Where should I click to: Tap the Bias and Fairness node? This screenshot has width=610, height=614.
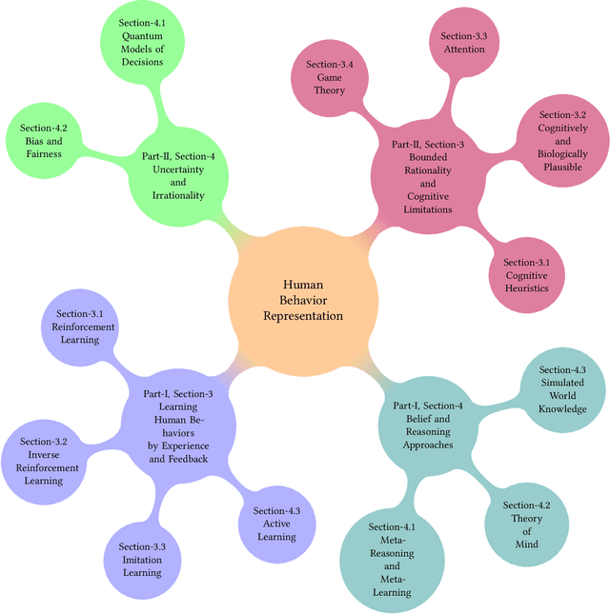(44, 140)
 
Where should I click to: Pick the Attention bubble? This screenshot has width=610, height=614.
(465, 44)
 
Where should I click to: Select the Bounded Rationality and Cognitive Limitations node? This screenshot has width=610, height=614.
(428, 177)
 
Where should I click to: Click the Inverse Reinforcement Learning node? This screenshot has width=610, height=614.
(44, 461)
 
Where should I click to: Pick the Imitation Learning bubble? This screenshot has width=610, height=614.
(143, 560)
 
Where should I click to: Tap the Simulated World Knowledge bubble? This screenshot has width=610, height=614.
(562, 390)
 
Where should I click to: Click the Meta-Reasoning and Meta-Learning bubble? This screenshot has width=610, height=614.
(392, 560)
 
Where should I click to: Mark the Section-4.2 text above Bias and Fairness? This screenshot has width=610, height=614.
(44, 128)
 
